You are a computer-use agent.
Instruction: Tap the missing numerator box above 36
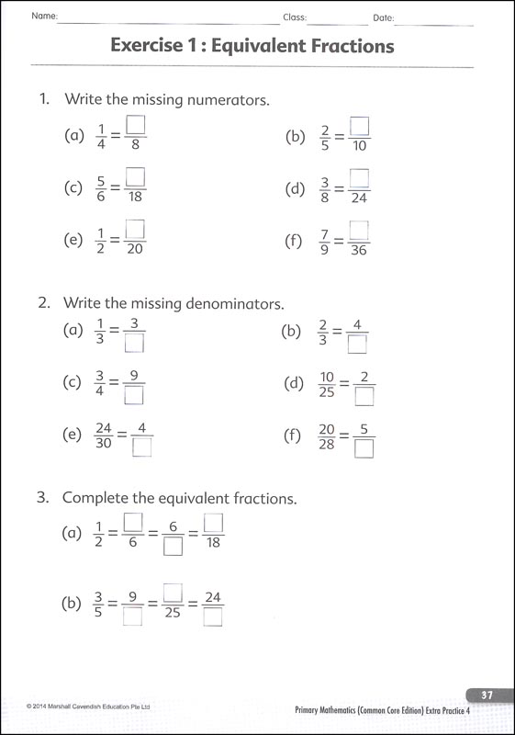(x=359, y=230)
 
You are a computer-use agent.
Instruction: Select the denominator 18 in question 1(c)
(x=136, y=198)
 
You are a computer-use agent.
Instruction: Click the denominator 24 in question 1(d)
(x=359, y=198)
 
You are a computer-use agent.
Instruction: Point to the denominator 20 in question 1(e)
(x=136, y=250)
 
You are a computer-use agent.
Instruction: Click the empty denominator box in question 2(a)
(x=135, y=344)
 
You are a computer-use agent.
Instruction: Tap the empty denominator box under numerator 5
(x=364, y=448)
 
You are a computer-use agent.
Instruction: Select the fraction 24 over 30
(x=102, y=436)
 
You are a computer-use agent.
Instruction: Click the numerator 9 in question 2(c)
(x=134, y=375)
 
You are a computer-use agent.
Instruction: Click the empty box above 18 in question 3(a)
(x=213, y=522)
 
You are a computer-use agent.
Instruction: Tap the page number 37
(x=487, y=695)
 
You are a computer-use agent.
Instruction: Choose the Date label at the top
(x=383, y=17)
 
